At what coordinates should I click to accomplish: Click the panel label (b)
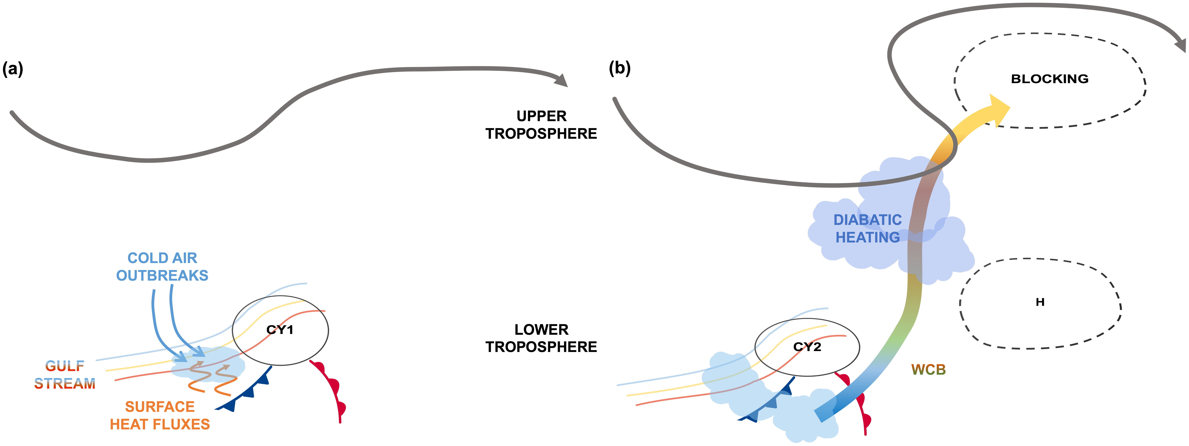(619, 68)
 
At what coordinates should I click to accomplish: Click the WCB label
(928, 370)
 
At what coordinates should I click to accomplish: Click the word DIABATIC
(867, 220)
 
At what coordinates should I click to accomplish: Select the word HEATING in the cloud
(867, 238)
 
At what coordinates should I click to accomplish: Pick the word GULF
(65, 366)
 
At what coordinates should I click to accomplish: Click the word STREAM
(65, 384)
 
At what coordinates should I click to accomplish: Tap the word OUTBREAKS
(162, 276)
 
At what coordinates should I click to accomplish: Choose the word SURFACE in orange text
(160, 407)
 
